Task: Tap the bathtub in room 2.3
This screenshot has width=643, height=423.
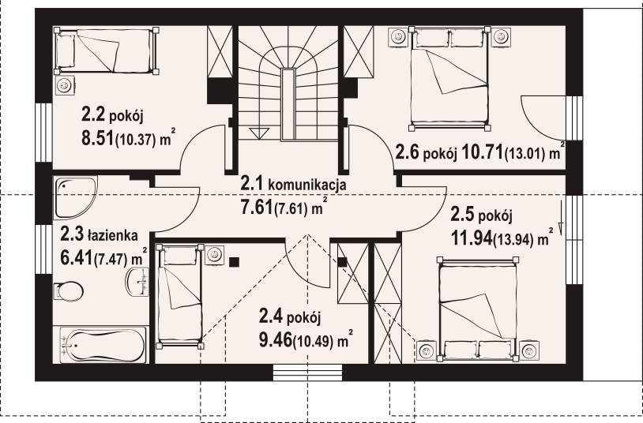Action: [x=103, y=345]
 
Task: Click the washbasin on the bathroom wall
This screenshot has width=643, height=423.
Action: [x=141, y=281]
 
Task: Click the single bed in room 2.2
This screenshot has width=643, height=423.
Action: [x=106, y=48]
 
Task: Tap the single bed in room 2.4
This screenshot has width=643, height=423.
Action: [x=179, y=295]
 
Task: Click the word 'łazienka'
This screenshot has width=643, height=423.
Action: [x=114, y=234]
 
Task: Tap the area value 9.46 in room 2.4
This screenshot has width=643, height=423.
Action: [x=275, y=341]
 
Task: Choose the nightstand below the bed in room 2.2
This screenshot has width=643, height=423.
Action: [x=63, y=84]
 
